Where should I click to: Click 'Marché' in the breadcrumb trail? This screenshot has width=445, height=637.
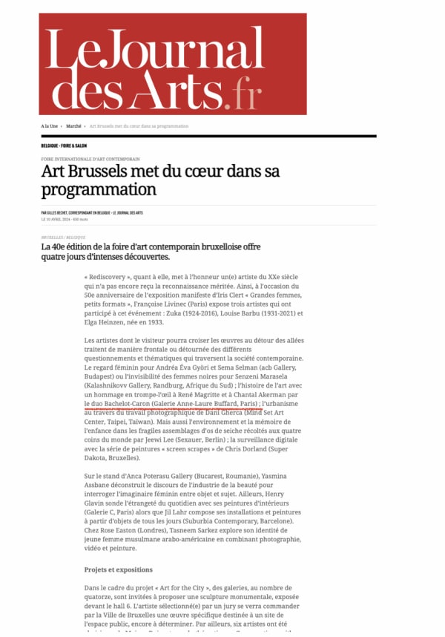click(73, 126)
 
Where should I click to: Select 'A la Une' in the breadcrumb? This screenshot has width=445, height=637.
click(50, 126)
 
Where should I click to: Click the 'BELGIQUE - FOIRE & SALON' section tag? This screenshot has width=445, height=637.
click(64, 146)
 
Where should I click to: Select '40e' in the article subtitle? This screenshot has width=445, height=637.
click(62, 246)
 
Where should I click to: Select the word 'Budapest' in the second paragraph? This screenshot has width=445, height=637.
click(101, 377)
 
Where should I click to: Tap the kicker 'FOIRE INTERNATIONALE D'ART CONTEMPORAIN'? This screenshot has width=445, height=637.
click(90, 159)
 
